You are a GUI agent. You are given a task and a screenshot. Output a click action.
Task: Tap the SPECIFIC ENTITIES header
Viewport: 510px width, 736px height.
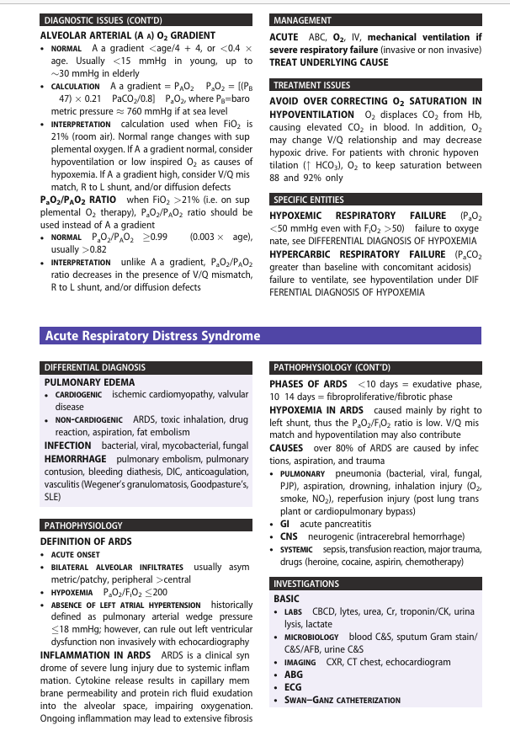pos(309,200)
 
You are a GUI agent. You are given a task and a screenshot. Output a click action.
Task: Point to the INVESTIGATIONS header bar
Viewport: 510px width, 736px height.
pos(306,584)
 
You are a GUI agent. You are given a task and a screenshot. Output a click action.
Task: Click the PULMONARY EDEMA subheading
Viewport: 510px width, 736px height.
pos(77,381)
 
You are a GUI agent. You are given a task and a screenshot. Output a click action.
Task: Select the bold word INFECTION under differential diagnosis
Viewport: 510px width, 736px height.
pos(67,445)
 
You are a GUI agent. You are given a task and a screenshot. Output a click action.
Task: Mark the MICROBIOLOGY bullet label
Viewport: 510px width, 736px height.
pos(314,637)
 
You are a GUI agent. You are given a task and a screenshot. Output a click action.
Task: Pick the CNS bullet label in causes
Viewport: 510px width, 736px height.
pos(289,536)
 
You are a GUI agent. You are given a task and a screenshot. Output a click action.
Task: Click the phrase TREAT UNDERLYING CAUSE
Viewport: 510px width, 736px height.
pos(329,62)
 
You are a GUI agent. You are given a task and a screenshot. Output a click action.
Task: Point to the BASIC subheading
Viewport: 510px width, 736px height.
pos(286,599)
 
